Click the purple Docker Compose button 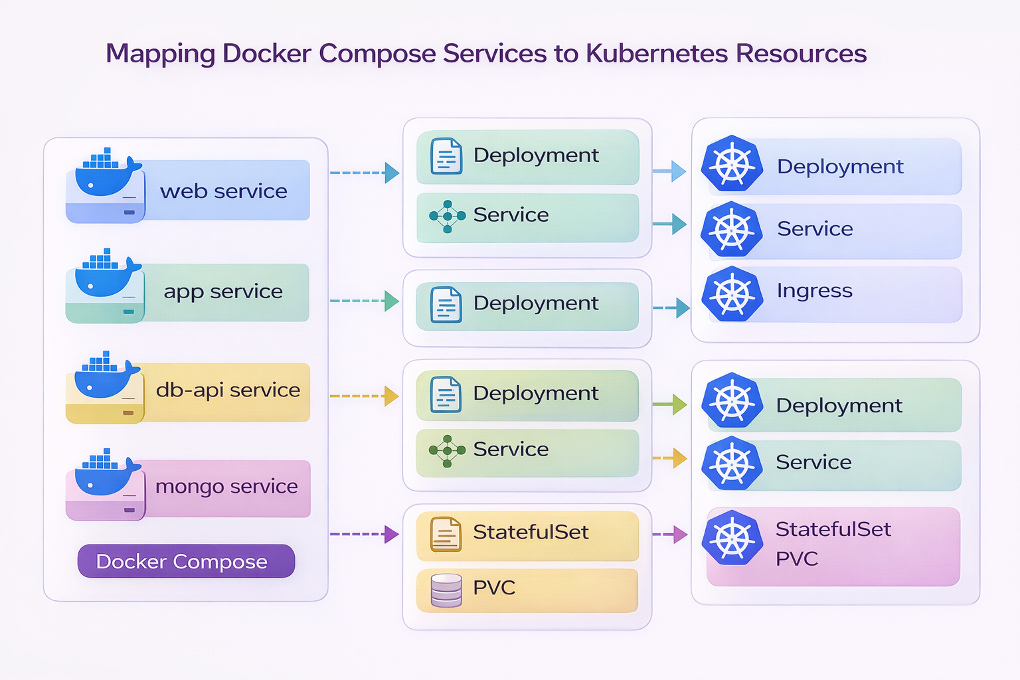coord(186,562)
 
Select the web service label coord(224,191)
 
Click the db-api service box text coord(228,390)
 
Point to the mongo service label coord(226,486)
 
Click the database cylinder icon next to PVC coord(446,590)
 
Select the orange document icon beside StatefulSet coord(446,534)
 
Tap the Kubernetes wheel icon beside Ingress coord(732,294)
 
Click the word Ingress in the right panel coord(814,291)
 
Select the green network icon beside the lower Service coord(447,451)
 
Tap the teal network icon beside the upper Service coord(447,216)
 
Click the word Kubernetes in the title coord(656,53)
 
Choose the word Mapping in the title coord(160,53)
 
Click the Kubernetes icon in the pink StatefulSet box coord(732,538)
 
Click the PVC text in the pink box coord(797,558)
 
